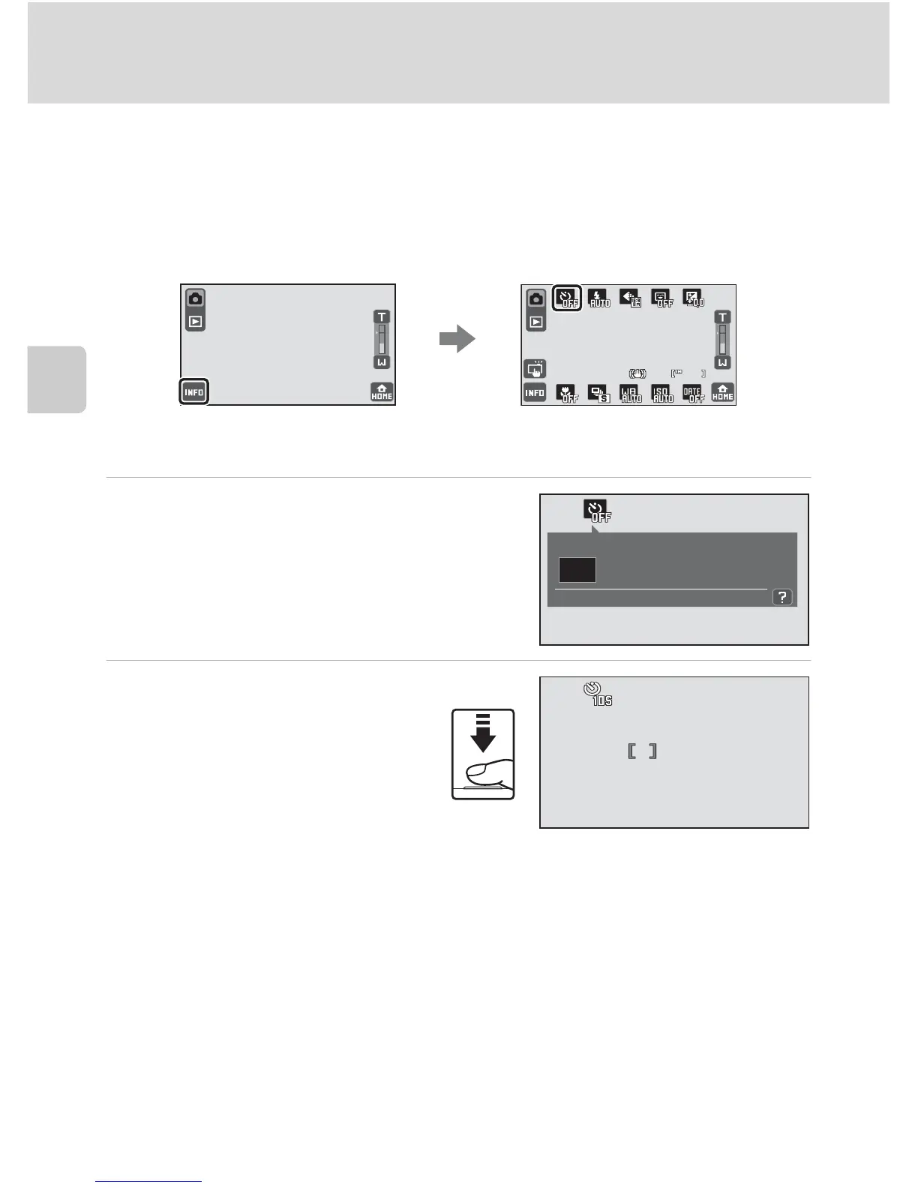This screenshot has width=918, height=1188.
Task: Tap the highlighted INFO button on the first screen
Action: click(x=193, y=392)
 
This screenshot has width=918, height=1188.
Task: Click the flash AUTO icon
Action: click(x=599, y=298)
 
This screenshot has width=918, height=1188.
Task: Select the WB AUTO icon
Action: click(x=631, y=393)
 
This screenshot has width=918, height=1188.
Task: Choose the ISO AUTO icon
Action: click(x=662, y=393)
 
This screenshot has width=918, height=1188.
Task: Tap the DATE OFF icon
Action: click(x=693, y=393)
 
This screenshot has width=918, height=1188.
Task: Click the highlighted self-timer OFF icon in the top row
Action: click(x=568, y=298)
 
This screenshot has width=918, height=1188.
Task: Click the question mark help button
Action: click(x=782, y=597)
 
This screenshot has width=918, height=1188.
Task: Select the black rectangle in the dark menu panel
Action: click(x=577, y=570)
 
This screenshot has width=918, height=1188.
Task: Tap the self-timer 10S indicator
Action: click(x=598, y=693)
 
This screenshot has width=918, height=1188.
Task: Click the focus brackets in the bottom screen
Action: click(x=642, y=751)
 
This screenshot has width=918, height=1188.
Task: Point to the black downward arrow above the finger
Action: click(x=483, y=734)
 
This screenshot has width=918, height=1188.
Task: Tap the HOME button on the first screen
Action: click(x=382, y=392)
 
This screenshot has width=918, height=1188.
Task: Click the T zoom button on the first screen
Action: click(x=382, y=317)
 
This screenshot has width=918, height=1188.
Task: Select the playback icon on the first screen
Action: click(x=195, y=322)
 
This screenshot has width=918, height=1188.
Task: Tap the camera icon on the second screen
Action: click(x=535, y=298)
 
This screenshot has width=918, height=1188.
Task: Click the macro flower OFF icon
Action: click(x=567, y=393)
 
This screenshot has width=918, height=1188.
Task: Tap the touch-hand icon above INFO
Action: click(x=535, y=368)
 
